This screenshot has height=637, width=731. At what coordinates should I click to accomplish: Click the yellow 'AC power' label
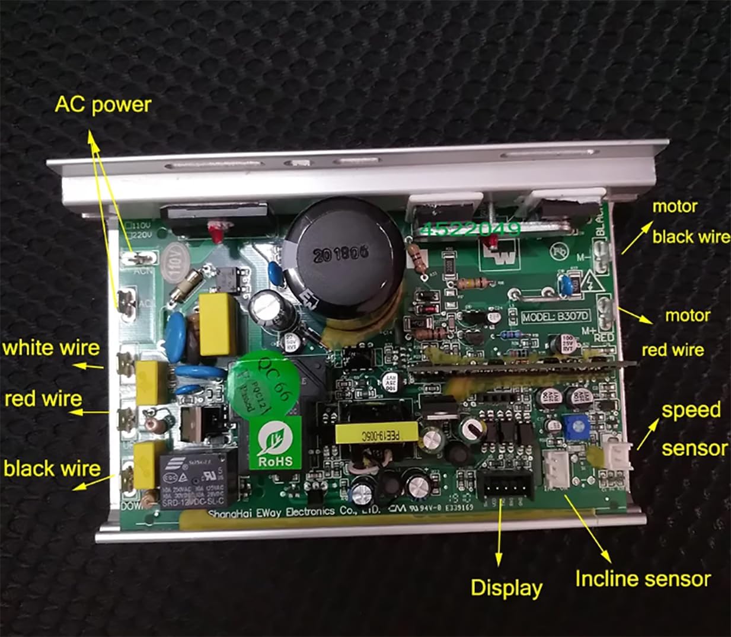pos(103,104)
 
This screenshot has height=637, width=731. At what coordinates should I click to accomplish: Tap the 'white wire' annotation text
pos(51,348)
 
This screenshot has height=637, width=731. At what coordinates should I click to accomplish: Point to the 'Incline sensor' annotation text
pos(643,578)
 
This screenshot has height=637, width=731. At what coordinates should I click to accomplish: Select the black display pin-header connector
pos(505,486)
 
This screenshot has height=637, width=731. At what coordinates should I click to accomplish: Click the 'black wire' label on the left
pos(52,469)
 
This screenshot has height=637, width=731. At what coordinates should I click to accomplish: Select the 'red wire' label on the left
pos(43,399)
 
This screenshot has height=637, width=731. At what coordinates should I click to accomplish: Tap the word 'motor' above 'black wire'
pos(674,207)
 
